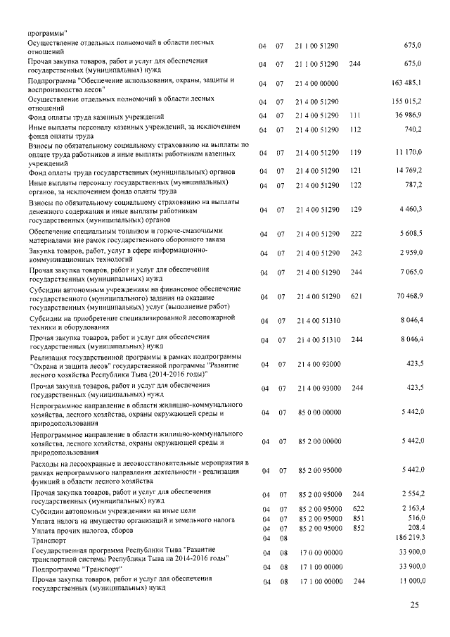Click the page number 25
click(414, 605)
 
